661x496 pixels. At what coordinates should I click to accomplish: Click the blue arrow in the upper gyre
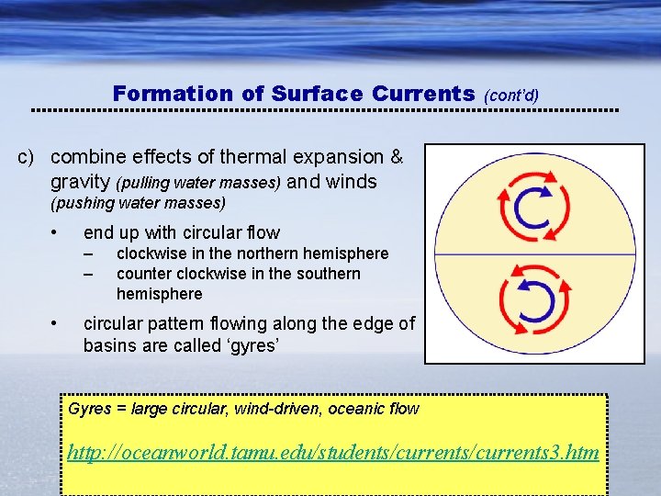pos(519,211)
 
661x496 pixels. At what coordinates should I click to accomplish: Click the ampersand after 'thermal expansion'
pos(396,157)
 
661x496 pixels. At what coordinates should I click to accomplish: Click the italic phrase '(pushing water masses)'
pos(138,202)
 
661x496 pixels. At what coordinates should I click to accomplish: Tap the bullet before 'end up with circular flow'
pos(56,231)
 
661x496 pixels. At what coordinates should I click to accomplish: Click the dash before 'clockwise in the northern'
pos(88,254)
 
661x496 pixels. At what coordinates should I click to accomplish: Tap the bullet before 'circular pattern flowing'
pos(56,322)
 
